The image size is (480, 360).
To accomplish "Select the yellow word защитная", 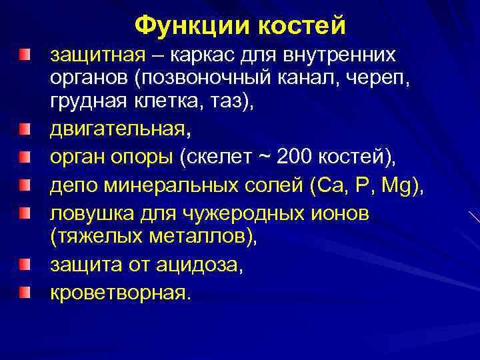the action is (98, 56).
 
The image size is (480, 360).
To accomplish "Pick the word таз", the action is (226, 101).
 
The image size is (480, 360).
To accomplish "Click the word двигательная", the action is (117, 129).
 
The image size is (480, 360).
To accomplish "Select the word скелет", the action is (219, 157).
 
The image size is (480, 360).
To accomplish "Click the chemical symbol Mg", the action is (397, 186).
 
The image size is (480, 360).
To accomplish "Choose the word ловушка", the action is (92, 213).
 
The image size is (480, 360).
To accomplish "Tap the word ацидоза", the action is (197, 265).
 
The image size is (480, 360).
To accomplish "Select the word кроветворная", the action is (118, 293).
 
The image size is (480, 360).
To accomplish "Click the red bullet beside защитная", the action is (25, 55).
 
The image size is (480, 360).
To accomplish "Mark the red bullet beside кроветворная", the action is (25, 292).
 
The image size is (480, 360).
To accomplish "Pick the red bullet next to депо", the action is (25, 185).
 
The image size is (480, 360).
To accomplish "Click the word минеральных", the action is (171, 186).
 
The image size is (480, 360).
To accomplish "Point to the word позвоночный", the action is (206, 79).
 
